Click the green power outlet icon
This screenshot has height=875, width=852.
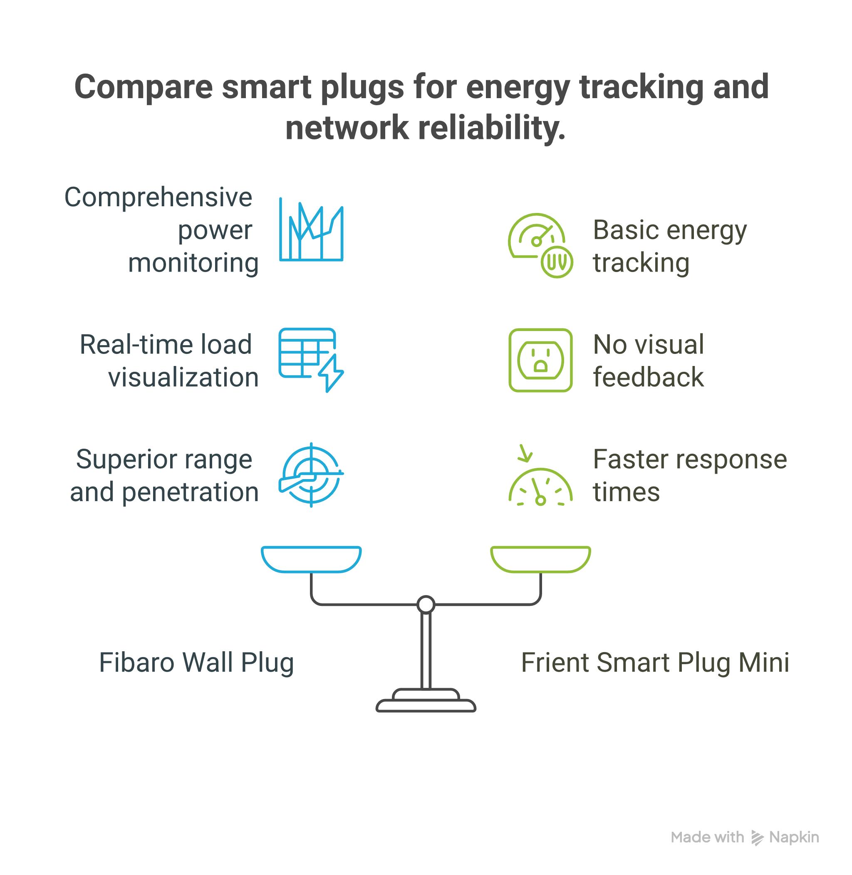540,360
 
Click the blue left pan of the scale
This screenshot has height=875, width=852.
311,559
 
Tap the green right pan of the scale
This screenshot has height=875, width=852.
540,559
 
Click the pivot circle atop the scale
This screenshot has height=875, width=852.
426,604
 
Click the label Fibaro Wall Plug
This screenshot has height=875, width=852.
196,662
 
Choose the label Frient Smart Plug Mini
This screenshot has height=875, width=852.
655,662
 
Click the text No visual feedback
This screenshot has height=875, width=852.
648,361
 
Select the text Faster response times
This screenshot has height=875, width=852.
689,475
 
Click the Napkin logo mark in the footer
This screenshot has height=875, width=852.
757,838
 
